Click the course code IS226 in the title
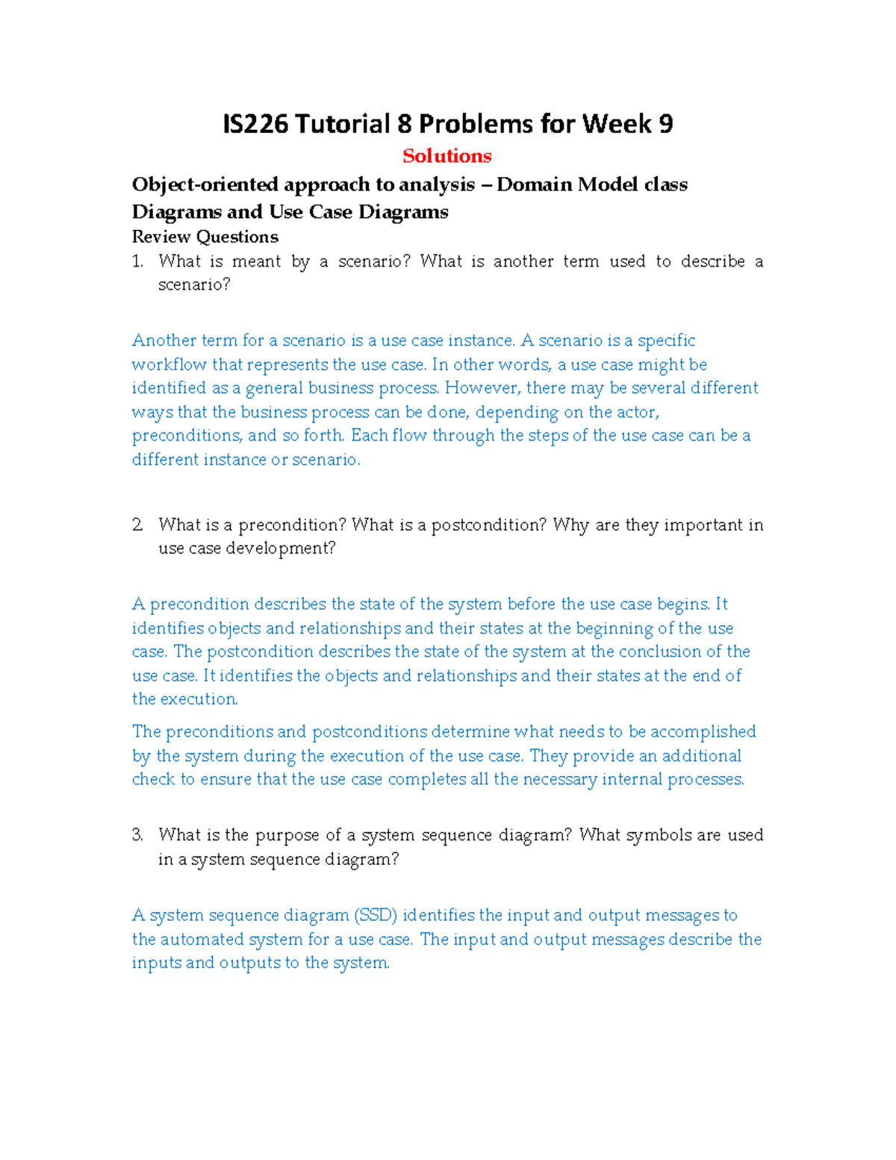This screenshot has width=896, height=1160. tap(255, 124)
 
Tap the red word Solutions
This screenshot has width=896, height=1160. tap(447, 156)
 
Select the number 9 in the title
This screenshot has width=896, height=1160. tap(665, 124)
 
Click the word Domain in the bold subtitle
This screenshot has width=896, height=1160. tap(534, 184)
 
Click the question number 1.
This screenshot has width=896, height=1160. tap(137, 261)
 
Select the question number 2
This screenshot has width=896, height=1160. tap(137, 525)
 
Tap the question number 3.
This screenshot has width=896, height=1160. tap(137, 835)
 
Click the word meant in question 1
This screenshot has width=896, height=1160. tap(257, 261)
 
